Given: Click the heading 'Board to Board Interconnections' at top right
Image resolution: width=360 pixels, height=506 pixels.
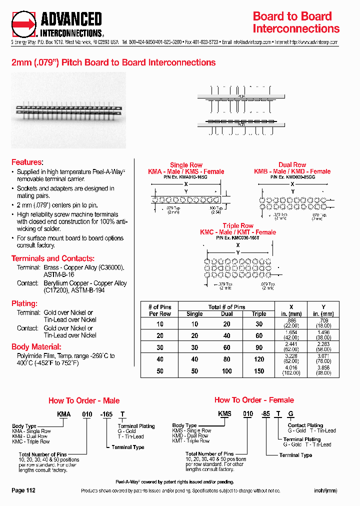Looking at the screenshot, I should [x=296, y=22].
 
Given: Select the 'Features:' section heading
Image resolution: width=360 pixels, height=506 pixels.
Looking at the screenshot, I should [x=27, y=162].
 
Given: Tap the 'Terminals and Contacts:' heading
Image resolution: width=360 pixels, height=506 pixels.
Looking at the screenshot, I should [x=52, y=258].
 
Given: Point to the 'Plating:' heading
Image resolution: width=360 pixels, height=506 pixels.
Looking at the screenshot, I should [x=24, y=303].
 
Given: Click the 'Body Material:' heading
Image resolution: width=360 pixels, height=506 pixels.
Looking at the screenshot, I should [x=36, y=346].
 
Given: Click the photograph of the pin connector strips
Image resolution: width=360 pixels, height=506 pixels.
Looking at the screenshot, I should [x=68, y=109].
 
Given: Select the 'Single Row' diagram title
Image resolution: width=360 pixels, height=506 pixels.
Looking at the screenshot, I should [x=186, y=165].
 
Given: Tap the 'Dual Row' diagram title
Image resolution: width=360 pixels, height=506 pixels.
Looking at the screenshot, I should [x=292, y=165].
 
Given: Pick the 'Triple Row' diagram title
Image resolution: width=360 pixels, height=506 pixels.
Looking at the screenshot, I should [x=238, y=226].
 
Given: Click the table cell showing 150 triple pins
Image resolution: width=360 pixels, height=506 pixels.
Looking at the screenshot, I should [x=259, y=371].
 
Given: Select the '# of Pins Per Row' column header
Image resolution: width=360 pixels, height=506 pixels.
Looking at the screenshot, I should [x=160, y=310].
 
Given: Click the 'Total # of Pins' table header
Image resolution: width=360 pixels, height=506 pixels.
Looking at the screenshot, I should [x=226, y=307].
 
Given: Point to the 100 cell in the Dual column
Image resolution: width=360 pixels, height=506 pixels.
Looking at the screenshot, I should [x=227, y=371].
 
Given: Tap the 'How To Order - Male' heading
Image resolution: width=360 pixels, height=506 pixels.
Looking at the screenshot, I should [x=84, y=400].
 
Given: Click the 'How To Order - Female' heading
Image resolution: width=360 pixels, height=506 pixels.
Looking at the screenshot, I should [x=254, y=400].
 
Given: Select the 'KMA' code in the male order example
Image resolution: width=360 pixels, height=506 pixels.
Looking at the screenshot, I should [x=63, y=414].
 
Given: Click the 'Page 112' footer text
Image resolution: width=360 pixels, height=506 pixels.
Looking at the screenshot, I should [x=23, y=490].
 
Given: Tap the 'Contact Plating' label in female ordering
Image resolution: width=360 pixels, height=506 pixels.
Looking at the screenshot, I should [x=305, y=425].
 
